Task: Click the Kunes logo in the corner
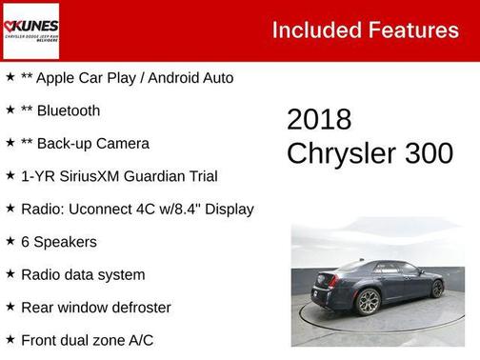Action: point(31,30)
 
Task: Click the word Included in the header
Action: point(312,30)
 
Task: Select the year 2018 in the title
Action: point(319,120)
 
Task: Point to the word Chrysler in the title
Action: point(341,153)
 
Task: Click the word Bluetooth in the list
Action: point(68,110)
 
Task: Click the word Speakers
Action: point(66,242)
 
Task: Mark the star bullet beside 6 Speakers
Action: point(10,241)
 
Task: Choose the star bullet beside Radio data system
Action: point(10,274)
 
